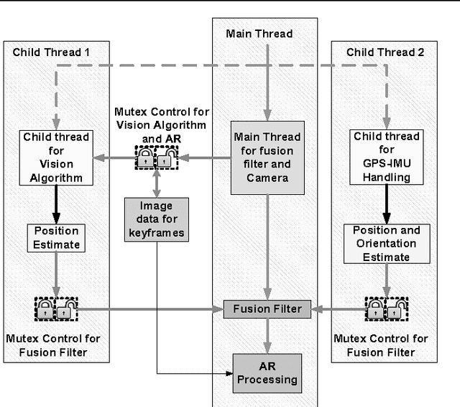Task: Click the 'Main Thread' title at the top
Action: pos(259,33)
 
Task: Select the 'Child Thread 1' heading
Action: pos(48,52)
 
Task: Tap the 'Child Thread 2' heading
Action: pos(380,52)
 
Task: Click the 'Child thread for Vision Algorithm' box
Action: pos(56,157)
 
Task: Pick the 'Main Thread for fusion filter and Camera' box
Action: pos(267,157)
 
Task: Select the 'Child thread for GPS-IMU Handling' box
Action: pos(387,157)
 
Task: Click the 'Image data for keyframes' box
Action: pos(156,219)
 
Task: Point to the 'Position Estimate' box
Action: pos(56,238)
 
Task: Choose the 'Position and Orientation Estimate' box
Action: pos(387,244)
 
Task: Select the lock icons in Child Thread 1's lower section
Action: pos(55,310)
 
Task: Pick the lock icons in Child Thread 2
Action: pos(385,310)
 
